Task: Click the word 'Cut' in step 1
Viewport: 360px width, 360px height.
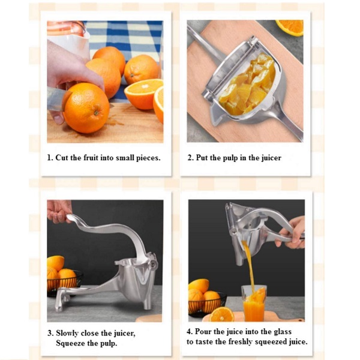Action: click(62, 158)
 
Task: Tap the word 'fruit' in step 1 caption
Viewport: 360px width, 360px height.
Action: click(91, 158)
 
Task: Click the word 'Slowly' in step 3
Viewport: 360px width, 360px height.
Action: click(67, 334)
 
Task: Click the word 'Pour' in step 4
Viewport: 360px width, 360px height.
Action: click(203, 332)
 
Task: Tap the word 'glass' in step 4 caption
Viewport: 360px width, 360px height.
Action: click(283, 332)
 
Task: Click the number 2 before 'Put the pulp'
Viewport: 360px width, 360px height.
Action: click(190, 158)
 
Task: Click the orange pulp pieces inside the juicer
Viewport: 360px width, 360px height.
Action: click(248, 85)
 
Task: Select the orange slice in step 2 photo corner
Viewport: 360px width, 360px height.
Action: click(290, 28)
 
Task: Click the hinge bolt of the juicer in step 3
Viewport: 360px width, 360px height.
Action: click(152, 265)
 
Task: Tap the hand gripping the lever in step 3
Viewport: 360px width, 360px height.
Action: click(59, 211)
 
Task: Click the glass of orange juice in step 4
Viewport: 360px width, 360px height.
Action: click(254, 303)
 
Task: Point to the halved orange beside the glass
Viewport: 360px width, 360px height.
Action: click(221, 314)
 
